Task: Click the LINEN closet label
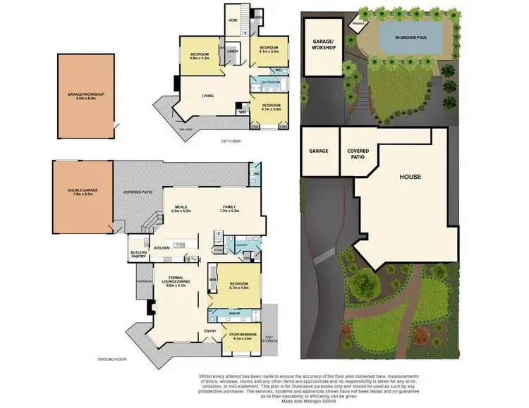click(232, 51)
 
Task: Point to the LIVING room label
click(208, 96)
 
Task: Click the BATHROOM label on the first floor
click(271, 82)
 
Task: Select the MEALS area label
click(181, 207)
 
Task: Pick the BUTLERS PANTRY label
click(138, 254)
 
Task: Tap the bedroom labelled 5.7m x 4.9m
click(241, 285)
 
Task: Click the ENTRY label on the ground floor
click(210, 330)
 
